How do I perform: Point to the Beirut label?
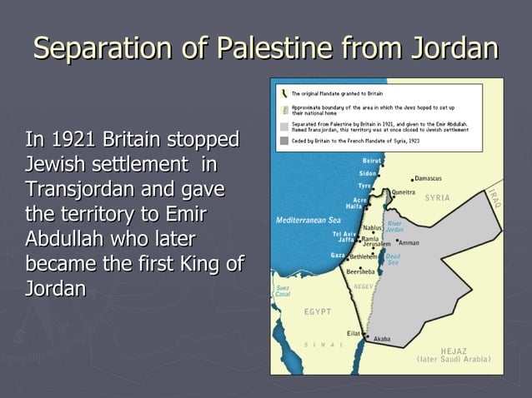[373, 160]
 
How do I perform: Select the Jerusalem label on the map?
[376, 244]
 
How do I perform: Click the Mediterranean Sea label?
[309, 220]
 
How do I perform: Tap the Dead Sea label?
[393, 260]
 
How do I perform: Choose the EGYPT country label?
[317, 311]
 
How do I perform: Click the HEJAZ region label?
[454, 351]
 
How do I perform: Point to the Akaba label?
[382, 340]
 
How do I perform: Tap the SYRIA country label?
[437, 197]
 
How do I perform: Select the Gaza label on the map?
[338, 255]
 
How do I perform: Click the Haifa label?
[354, 206]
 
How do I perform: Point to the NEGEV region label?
[364, 286]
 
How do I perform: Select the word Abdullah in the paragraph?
[64, 240]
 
